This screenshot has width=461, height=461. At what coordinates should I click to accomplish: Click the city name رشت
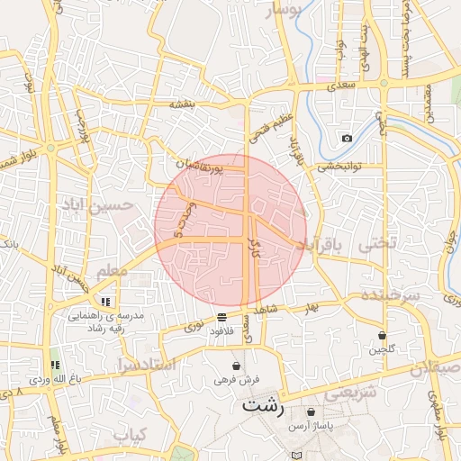click(x=263, y=406)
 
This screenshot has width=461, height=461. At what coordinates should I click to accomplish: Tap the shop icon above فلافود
click(x=221, y=318)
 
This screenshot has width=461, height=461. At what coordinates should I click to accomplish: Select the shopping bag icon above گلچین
click(x=383, y=335)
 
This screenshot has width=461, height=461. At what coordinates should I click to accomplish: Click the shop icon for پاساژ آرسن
click(x=311, y=411)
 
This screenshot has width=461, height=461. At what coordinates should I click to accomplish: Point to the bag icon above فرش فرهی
click(x=236, y=366)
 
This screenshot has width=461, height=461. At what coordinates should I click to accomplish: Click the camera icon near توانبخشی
click(x=347, y=138)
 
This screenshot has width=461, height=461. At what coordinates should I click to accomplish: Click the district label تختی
click(x=377, y=243)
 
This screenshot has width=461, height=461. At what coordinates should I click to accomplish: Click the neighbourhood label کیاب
click(x=130, y=435)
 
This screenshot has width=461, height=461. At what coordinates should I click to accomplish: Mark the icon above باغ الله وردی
click(x=54, y=365)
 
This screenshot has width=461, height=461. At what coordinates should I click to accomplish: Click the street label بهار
click(x=312, y=308)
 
